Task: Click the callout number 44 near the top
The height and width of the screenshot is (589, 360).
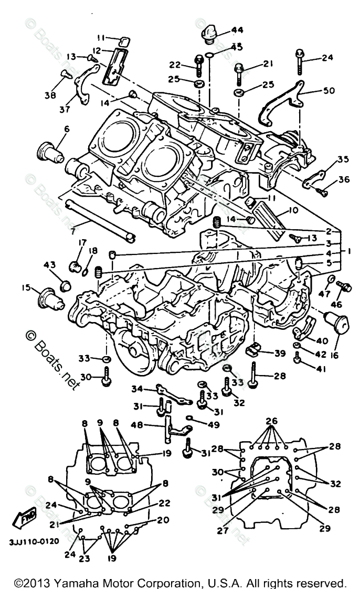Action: point(237,30)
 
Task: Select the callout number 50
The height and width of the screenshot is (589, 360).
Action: point(329,90)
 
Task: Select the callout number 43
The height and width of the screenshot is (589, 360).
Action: point(50,266)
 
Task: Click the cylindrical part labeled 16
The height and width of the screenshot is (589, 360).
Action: point(337,324)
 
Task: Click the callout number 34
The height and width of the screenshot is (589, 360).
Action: point(137,389)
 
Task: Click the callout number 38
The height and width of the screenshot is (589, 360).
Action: point(50,96)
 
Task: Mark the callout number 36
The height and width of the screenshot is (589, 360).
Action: point(344,179)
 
